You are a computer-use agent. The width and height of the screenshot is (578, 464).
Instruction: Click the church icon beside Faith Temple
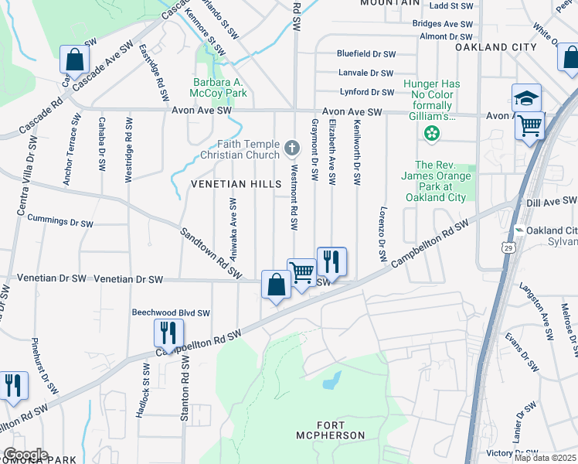coord(292,147)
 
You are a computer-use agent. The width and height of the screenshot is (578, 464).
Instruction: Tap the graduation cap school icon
coord(526,98)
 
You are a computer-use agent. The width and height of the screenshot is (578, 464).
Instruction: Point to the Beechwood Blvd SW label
coord(171,313)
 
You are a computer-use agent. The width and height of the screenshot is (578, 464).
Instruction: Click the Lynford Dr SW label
coord(367,93)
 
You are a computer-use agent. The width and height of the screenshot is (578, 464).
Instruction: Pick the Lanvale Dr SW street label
coord(367,73)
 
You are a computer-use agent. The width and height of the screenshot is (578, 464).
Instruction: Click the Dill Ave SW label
coord(551,202)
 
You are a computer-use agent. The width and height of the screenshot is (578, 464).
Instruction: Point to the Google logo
coord(25,455)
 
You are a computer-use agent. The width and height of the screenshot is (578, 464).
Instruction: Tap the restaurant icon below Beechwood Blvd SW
coord(168,333)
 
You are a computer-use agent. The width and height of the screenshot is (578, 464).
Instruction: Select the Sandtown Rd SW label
coord(211,254)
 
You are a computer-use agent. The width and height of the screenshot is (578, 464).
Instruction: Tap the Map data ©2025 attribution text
coord(545,458)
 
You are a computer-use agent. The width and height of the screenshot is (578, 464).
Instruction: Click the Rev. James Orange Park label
coord(440,181)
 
